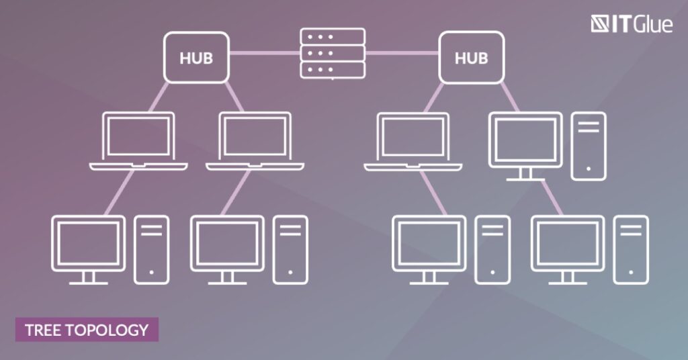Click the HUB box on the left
point(196,58)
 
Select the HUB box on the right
point(471,58)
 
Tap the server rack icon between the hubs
point(333,54)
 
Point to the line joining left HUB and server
point(265,53)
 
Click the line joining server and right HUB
point(402,53)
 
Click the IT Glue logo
point(632,24)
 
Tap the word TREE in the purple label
point(43,330)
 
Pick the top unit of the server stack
point(333,37)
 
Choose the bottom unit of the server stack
point(333,70)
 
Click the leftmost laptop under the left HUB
point(138,141)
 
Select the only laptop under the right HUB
point(413,141)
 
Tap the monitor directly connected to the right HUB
point(525,146)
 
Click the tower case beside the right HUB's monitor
point(589,146)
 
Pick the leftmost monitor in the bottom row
point(88,249)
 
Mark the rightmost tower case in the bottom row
point(630,249)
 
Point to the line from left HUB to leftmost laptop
point(159,97)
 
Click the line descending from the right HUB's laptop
point(433,193)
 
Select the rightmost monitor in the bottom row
point(568,249)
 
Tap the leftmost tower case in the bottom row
point(151,249)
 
